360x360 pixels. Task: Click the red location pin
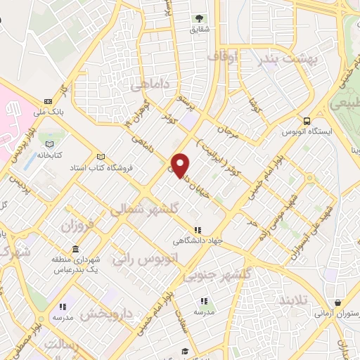pyautogui.click(x=181, y=165)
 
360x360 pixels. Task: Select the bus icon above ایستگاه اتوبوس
pyautogui.click(x=306, y=121)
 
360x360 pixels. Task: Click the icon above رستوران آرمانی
pyautogui.click(x=337, y=303)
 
